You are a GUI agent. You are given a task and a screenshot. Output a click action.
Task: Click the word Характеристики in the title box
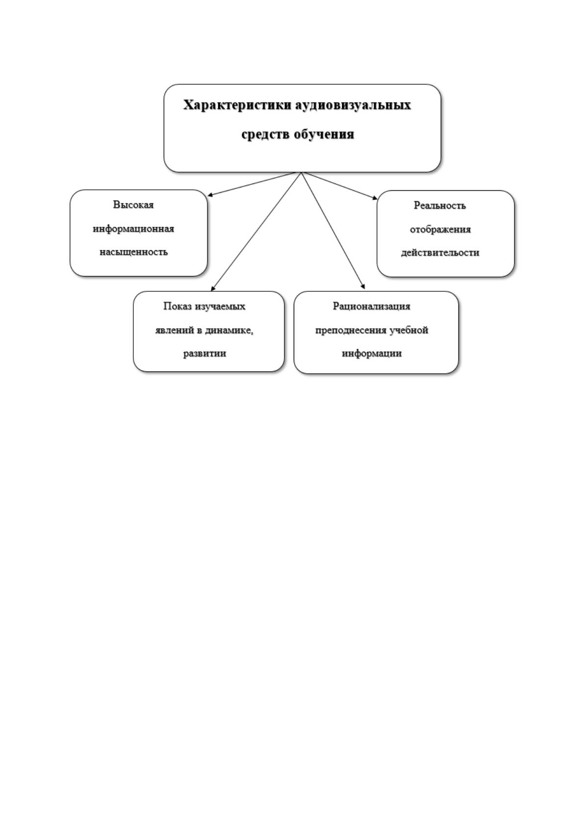coord(238,105)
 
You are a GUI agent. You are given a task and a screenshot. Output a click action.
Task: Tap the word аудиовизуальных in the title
coord(353,105)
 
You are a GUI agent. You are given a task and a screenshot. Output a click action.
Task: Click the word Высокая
coord(133,205)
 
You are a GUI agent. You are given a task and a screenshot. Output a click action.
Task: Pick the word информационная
coord(133,229)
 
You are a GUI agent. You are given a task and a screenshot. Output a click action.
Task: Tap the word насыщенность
coord(133,252)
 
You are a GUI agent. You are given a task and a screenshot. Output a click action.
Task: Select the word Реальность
coord(440,206)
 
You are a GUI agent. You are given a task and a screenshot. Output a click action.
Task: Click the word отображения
coord(440,230)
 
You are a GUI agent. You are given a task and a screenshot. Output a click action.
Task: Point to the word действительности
coord(440,253)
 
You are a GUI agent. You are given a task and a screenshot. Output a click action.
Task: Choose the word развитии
coord(204,353)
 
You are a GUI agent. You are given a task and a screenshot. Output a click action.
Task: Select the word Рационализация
coord(372,306)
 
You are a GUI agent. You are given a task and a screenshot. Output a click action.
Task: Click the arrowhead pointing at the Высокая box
coord(210,195)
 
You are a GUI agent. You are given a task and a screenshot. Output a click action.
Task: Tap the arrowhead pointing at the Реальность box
coord(375,198)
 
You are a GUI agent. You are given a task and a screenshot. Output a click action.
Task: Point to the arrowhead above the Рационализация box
coord(363,286)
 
